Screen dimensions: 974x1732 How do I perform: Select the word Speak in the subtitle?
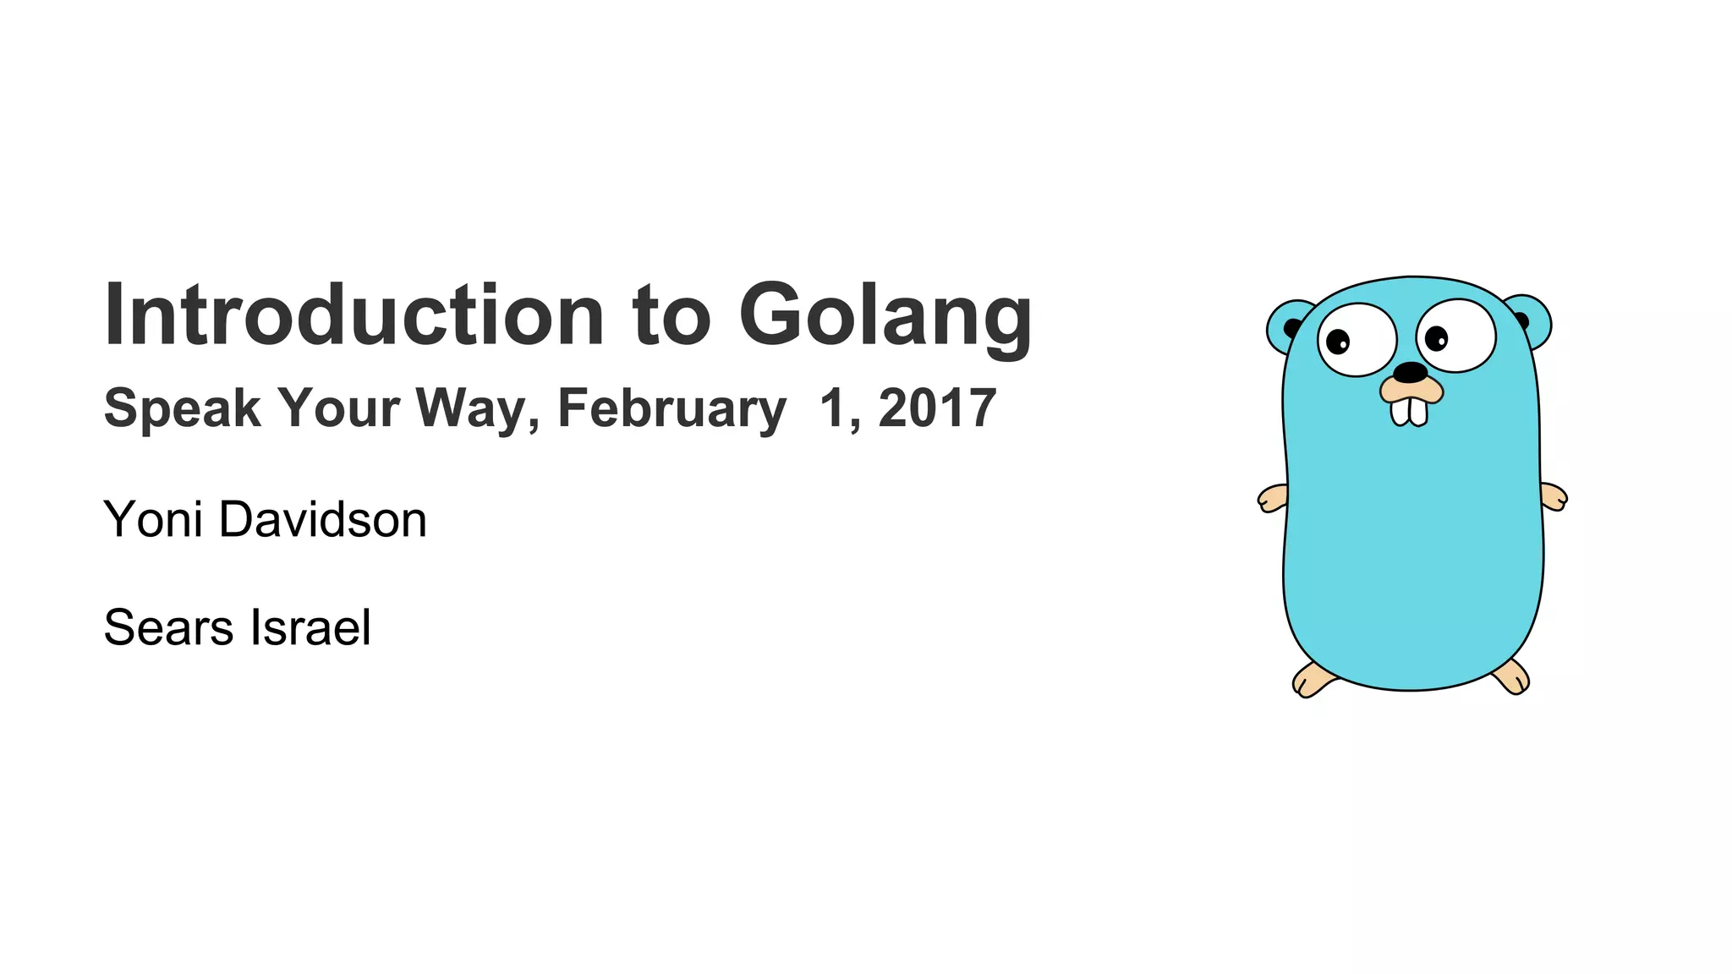pyautogui.click(x=182, y=408)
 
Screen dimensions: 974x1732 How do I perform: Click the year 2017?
pyautogui.click(x=937, y=408)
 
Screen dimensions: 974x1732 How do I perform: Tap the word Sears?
pyautogui.click(x=168, y=627)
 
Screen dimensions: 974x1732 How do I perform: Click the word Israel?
pyautogui.click(x=310, y=627)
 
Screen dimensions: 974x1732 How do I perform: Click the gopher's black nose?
pyautogui.click(x=1410, y=372)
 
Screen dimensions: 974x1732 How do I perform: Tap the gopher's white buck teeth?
pyautogui.click(x=1409, y=411)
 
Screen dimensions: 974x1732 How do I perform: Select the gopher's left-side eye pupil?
pyautogui.click(x=1338, y=342)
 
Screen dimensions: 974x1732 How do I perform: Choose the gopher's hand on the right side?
pyautogui.click(x=1553, y=496)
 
